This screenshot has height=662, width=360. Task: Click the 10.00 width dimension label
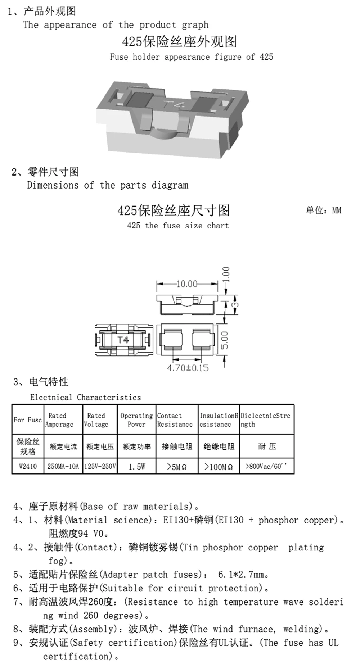click(x=187, y=284)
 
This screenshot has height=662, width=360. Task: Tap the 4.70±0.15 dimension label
click(x=188, y=368)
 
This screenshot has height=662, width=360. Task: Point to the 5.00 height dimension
click(x=224, y=340)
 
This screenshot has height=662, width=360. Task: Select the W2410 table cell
click(x=28, y=466)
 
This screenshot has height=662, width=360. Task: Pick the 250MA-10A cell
click(x=63, y=466)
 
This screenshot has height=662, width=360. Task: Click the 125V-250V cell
click(x=100, y=466)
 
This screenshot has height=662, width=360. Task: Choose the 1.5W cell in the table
click(x=137, y=466)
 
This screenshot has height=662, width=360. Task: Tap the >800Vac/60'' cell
click(x=266, y=466)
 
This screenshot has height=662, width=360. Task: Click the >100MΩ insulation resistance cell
click(x=219, y=467)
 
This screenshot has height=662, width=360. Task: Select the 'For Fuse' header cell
click(x=28, y=420)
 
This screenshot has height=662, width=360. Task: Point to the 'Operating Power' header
click(x=136, y=420)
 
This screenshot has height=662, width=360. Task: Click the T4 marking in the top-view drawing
click(x=123, y=340)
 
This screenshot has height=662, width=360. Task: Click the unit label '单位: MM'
click(x=323, y=210)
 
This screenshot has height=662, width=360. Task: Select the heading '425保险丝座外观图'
click(x=179, y=42)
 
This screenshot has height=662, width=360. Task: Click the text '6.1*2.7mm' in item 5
click(x=243, y=575)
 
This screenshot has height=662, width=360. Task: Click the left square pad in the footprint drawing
click(x=171, y=340)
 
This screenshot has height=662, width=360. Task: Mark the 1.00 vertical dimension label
click(x=226, y=275)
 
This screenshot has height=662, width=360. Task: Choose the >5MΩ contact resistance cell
click(x=177, y=467)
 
